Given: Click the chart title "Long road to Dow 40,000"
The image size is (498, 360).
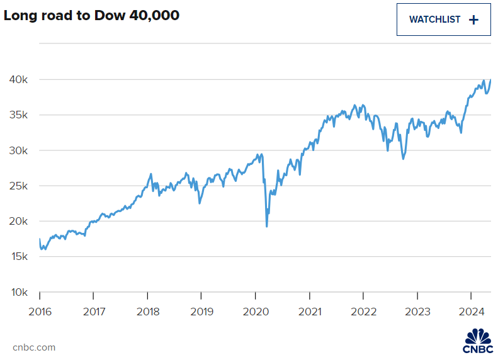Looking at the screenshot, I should click(92, 16).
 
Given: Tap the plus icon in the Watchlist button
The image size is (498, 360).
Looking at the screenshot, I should click(473, 20).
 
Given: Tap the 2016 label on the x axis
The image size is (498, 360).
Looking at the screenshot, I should click(40, 311).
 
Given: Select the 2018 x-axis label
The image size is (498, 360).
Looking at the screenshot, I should click(147, 311).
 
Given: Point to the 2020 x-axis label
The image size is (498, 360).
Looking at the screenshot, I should click(255, 311).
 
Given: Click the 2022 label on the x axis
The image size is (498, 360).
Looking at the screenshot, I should click(363, 311).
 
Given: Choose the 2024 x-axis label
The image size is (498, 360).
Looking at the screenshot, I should click(471, 311).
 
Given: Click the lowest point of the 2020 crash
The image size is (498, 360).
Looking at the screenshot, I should click(267, 226).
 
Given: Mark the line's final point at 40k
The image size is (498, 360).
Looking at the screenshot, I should click(490, 79).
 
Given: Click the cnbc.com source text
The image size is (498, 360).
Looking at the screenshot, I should click(34, 347).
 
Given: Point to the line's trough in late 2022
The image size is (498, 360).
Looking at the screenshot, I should click(403, 159).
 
